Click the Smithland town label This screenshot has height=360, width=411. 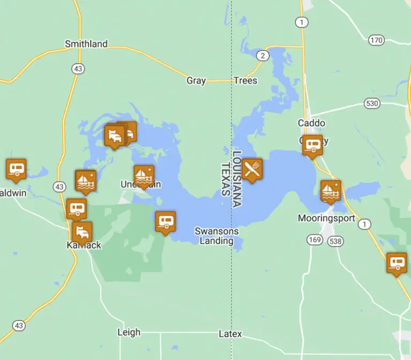click(x=86, y=44)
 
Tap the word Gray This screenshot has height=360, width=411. click(x=196, y=81)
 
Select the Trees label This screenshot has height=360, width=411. click(x=245, y=81)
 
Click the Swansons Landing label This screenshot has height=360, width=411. click(x=217, y=236)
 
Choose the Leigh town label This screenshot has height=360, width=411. click(x=129, y=332)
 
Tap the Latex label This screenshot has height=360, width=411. click(x=230, y=334)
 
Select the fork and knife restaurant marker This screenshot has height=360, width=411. click(x=252, y=169)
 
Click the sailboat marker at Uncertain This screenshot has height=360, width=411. click(x=144, y=175)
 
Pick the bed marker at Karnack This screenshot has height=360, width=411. click(x=82, y=231)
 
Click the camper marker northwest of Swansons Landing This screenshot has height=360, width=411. click(x=165, y=221)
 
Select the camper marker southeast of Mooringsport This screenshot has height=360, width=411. click(x=397, y=262)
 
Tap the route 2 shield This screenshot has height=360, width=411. click(x=262, y=55)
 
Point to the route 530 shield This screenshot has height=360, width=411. click(x=371, y=103)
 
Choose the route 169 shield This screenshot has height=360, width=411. click(x=315, y=240)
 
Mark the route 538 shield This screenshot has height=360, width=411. click(x=335, y=241)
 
